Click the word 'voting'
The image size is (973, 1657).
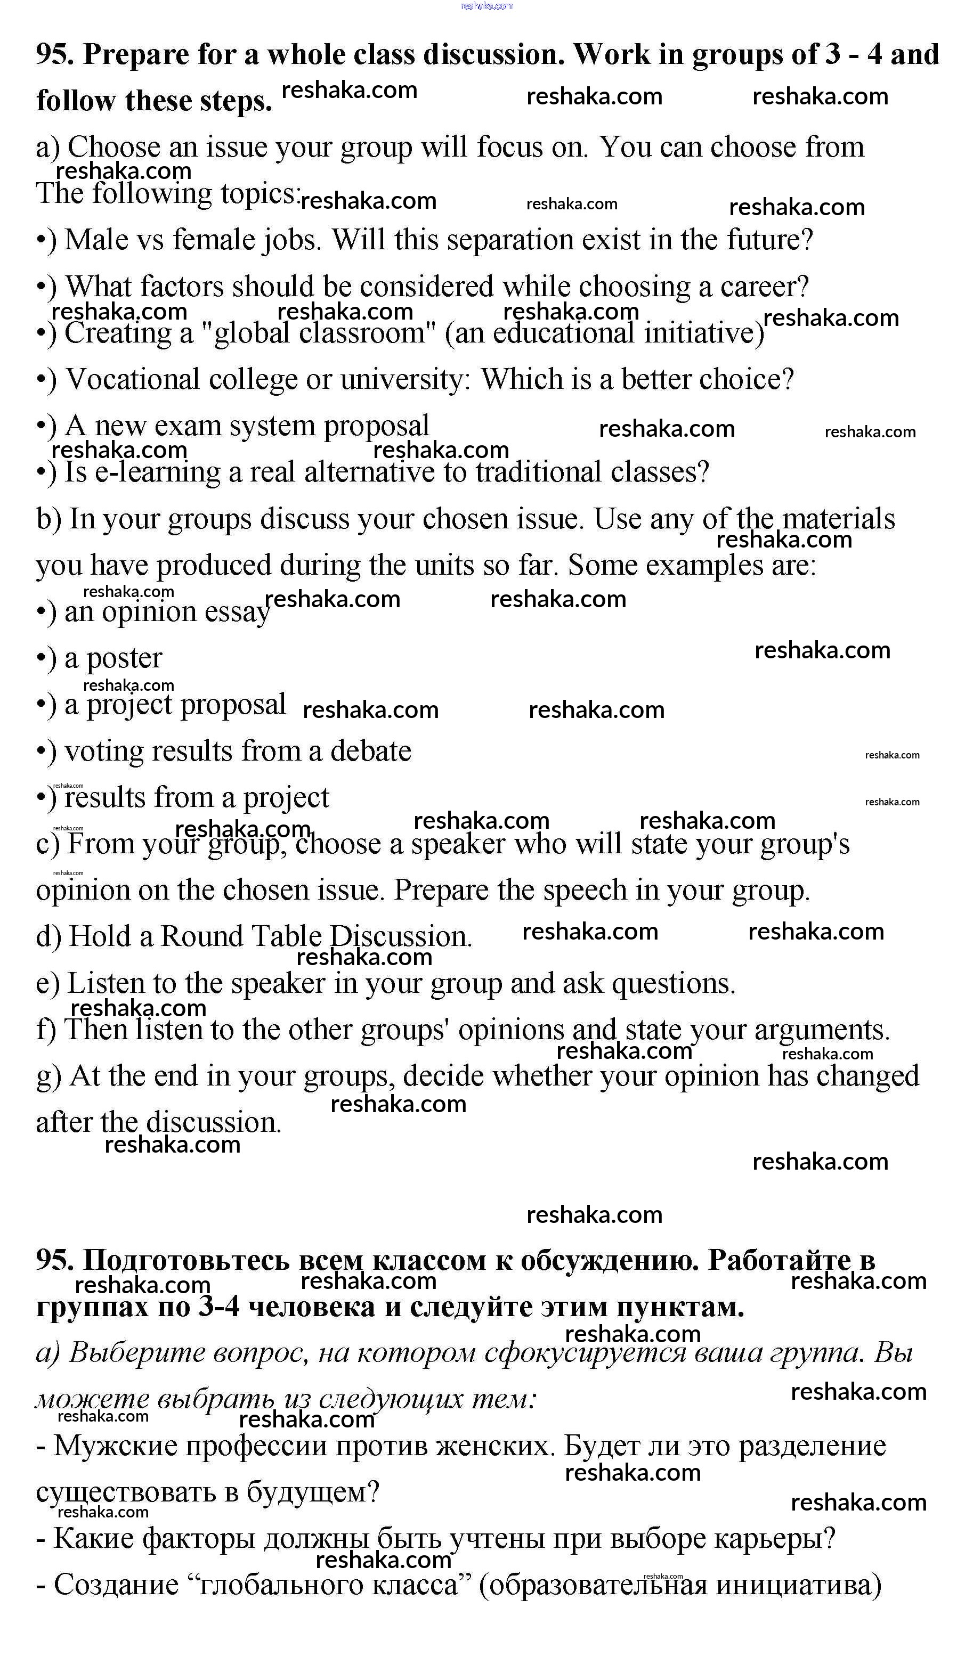tap(104, 752)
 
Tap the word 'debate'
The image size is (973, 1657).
tap(370, 752)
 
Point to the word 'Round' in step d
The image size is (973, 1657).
tap(202, 937)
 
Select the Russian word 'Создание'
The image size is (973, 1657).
tap(116, 1586)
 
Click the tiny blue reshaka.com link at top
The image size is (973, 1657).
tap(486, 6)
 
